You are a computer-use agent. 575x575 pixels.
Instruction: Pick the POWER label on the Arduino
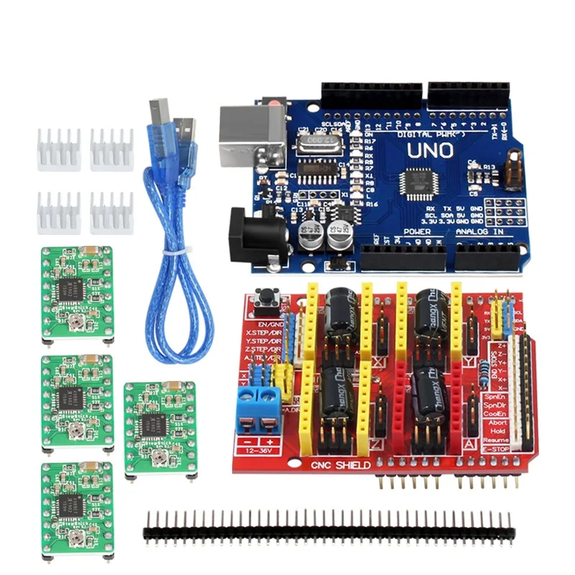416,232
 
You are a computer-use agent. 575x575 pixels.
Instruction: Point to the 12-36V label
257,451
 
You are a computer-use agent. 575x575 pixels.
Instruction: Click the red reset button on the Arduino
272,106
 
